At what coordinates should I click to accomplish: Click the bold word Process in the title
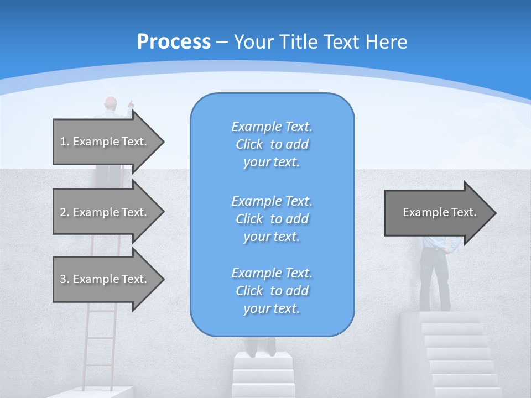174,42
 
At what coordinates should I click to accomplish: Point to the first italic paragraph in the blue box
272,144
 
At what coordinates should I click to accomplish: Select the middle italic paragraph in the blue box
272,219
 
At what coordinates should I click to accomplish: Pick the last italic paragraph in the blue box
272,291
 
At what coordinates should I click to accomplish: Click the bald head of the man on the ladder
111,103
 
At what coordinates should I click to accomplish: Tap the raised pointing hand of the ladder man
131,103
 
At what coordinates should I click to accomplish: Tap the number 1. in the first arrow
65,142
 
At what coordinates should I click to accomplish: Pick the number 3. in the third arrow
65,279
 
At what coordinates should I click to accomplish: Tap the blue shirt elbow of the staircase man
455,247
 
